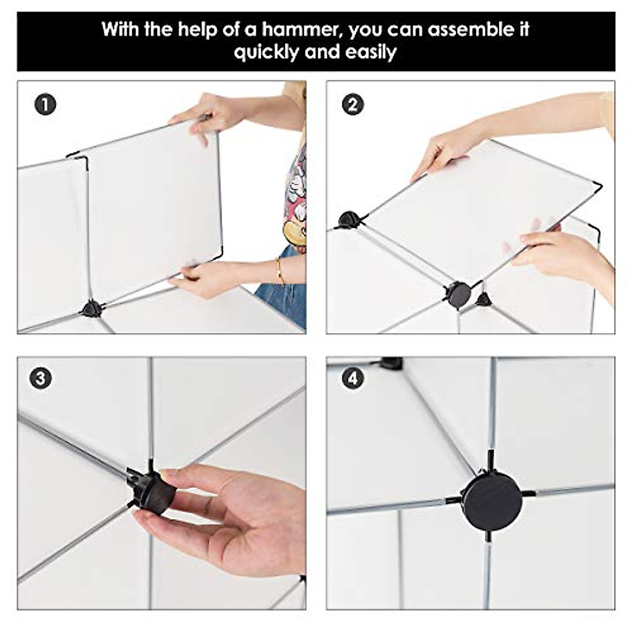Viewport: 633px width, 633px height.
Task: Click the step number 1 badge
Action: [45, 105]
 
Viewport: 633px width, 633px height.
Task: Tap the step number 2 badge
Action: [353, 105]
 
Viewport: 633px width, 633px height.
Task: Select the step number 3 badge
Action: [41, 379]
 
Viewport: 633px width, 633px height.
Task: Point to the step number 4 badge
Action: [353, 379]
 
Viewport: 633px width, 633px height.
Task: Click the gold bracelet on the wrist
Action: [279, 271]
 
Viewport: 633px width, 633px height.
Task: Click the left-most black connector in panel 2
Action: [349, 219]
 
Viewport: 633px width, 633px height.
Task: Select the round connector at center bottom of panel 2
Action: [458, 292]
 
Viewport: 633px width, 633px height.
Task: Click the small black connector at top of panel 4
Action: [391, 362]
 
